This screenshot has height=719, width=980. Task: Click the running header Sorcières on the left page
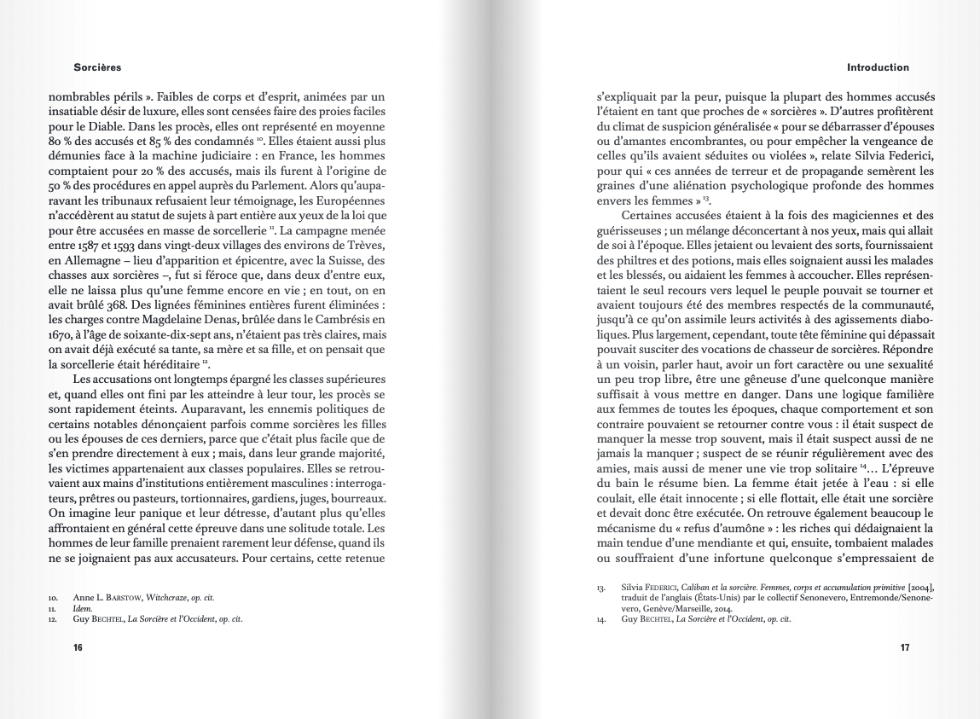point(97,67)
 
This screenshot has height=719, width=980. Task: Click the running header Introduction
point(878,67)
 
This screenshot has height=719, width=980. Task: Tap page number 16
point(78,648)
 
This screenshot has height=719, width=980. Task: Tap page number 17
point(905,648)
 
